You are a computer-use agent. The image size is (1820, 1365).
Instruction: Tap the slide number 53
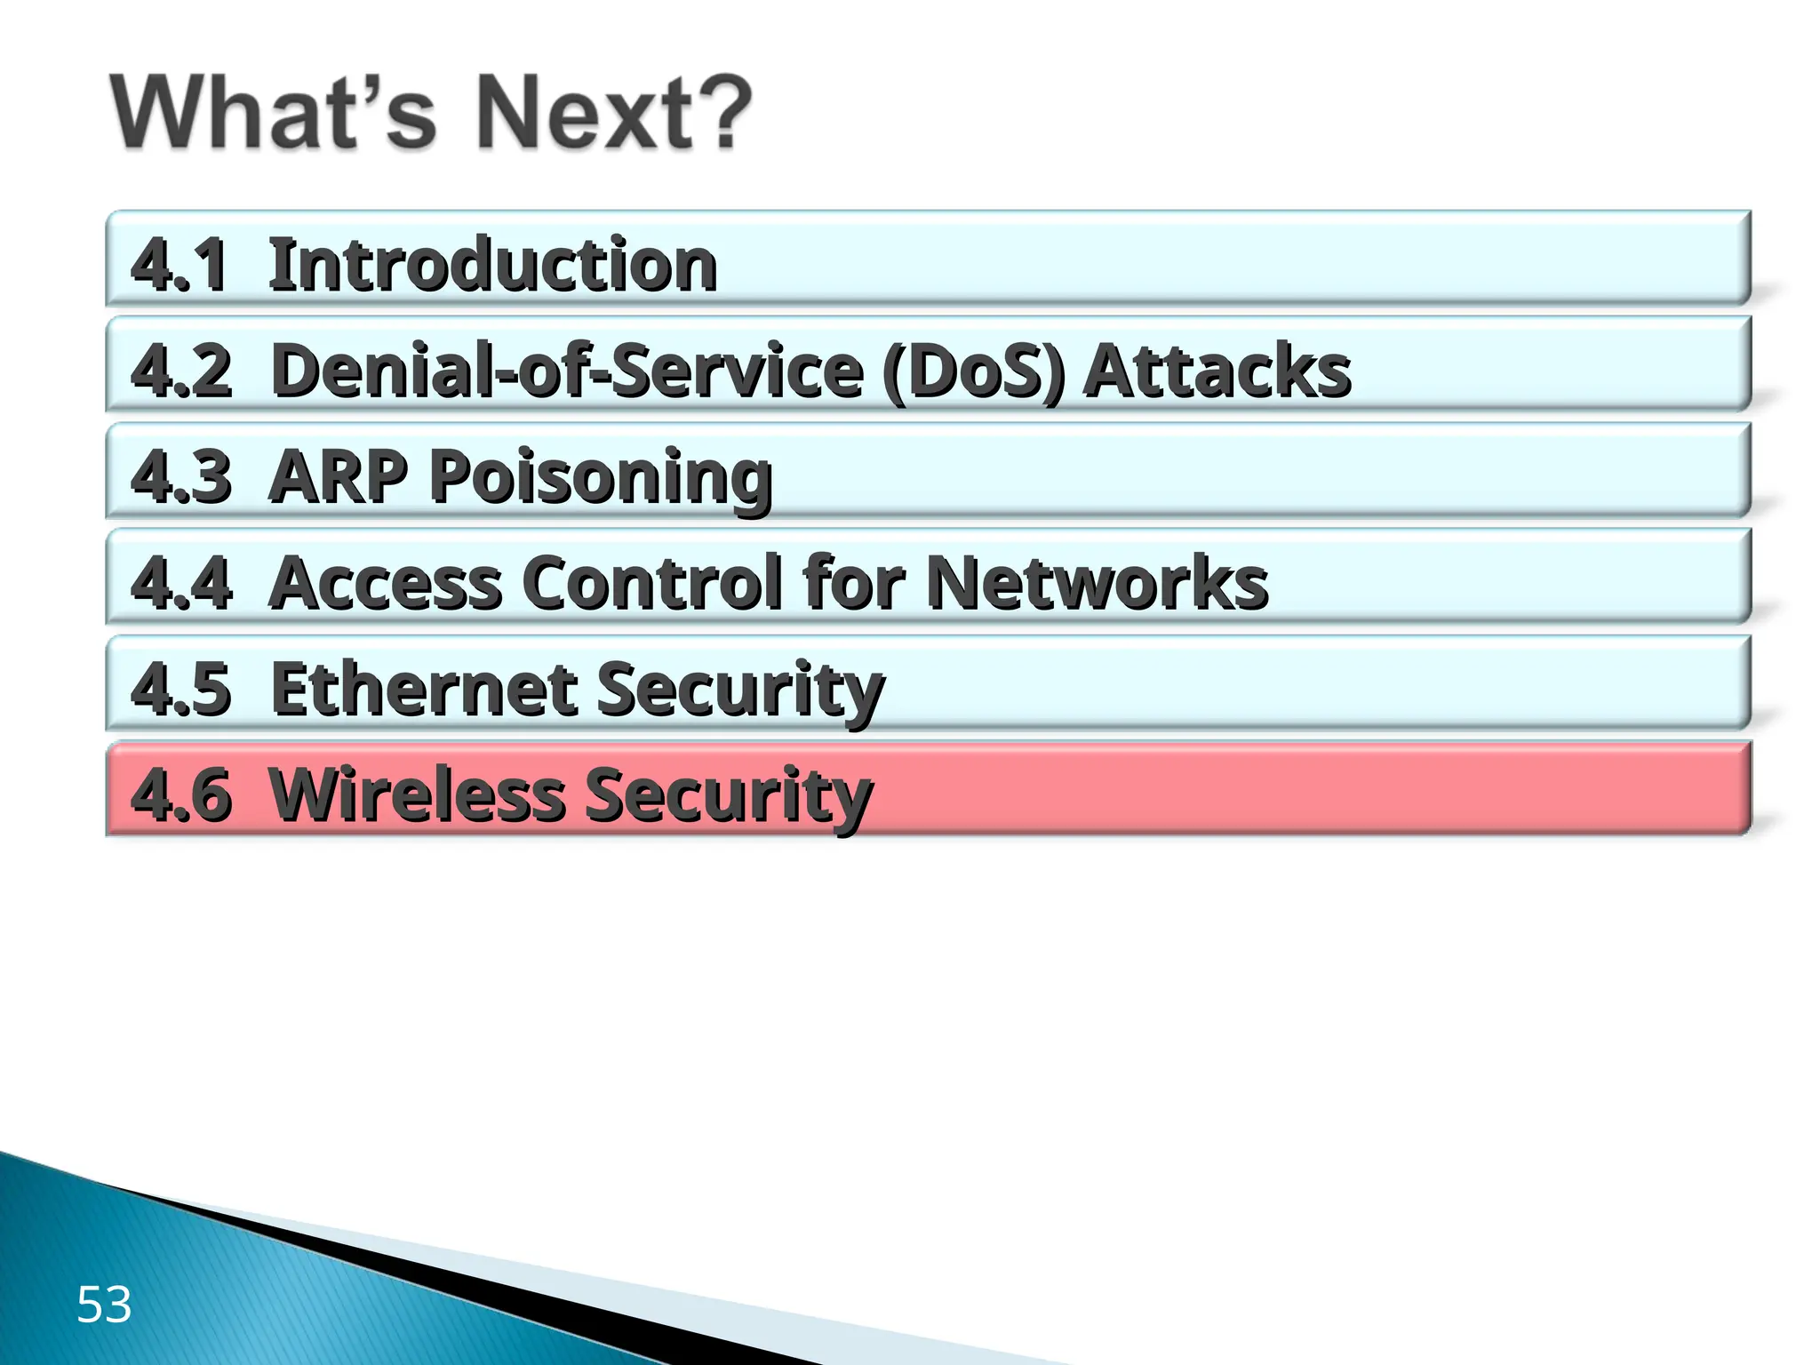104,1305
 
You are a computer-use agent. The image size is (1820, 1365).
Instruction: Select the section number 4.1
179,265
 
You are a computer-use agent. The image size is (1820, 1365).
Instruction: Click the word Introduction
492,265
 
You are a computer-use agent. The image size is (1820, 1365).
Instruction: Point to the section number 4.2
181,371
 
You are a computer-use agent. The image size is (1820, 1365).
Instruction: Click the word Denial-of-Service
567,371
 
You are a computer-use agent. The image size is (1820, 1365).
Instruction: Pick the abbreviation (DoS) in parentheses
974,371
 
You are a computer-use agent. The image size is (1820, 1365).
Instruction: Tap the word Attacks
1217,371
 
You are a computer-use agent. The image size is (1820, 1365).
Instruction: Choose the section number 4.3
181,476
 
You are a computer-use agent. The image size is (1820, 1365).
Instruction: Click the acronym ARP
338,476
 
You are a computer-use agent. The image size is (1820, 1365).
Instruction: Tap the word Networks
1098,583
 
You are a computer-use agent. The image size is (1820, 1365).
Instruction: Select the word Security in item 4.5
740,690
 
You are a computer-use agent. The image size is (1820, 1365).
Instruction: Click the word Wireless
417,794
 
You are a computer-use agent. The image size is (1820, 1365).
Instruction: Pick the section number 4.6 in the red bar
181,794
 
